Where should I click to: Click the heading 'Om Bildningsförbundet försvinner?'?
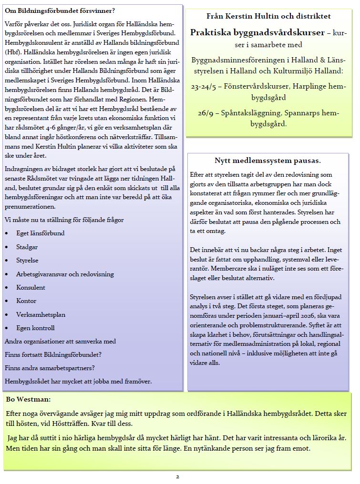(60, 10)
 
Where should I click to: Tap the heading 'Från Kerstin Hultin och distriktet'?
(268, 16)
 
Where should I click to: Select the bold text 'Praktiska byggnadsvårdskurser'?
(251, 32)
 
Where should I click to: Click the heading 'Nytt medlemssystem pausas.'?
(267, 160)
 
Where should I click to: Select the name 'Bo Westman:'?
(28, 399)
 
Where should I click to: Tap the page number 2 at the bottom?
(177, 476)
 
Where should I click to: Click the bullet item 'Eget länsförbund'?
(36, 233)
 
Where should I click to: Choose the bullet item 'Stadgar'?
(27, 247)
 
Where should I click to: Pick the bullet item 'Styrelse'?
(27, 261)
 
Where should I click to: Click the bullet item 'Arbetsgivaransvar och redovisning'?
(65, 274)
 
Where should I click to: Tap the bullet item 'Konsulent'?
(31, 288)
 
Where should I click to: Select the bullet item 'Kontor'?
(26, 301)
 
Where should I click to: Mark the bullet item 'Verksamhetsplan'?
(41, 314)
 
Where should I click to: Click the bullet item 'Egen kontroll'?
(35, 328)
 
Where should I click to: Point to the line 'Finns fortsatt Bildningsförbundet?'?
(53, 354)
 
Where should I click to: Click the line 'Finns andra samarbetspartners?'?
(50, 368)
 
